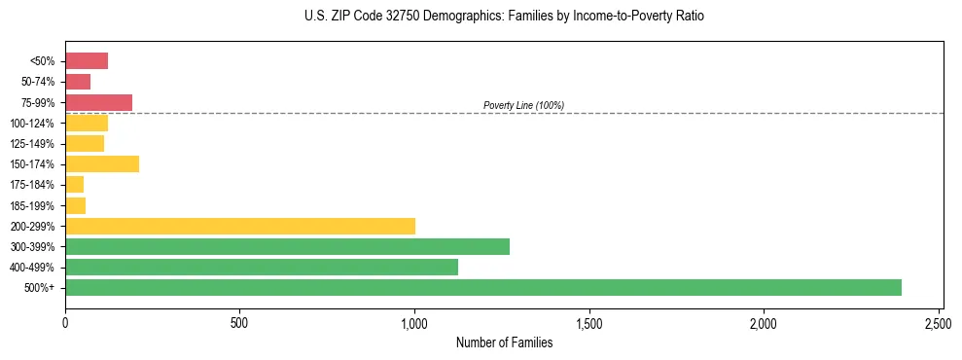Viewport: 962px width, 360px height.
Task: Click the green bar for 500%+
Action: click(483, 287)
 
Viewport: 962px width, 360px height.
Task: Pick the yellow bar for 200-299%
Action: click(240, 226)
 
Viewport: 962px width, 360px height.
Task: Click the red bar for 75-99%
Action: click(98, 102)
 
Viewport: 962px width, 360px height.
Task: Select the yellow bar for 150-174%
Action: click(102, 163)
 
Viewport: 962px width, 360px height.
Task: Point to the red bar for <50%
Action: click(87, 61)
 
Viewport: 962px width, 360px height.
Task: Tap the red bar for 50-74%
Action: click(78, 82)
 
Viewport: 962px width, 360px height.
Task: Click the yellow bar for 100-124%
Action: click(87, 123)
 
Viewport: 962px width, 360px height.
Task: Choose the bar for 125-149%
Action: click(85, 143)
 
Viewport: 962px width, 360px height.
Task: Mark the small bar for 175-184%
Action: click(74, 184)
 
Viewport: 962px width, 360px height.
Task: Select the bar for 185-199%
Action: click(75, 205)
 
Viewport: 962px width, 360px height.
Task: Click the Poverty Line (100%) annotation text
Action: click(523, 105)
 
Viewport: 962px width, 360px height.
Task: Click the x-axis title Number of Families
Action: click(504, 342)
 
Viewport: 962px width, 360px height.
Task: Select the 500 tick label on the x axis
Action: click(239, 321)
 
